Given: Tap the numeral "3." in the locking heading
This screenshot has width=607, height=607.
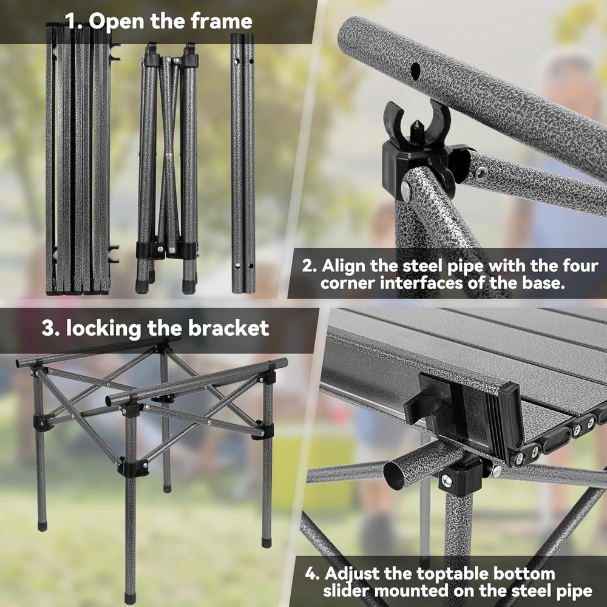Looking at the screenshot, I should tap(51, 328).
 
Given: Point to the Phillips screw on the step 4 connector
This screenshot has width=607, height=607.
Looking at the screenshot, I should tap(447, 481).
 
